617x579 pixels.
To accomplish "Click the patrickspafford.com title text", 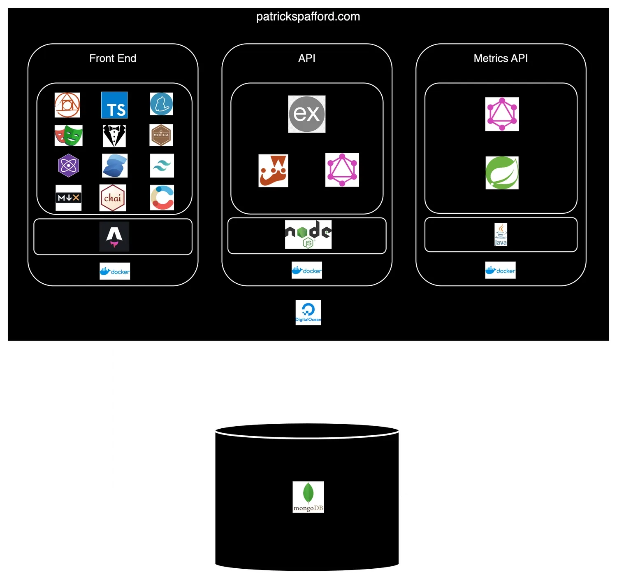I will (308, 16).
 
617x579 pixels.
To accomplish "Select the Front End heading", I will (113, 58).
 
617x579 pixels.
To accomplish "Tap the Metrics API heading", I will (501, 58).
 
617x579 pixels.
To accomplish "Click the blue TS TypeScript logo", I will (114, 105).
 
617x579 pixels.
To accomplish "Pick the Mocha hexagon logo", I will (161, 135).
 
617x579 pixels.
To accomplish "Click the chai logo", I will (113, 198).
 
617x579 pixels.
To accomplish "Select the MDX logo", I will (68, 198).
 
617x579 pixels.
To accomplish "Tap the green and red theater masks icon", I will (68, 135).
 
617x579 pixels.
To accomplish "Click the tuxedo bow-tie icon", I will (114, 136).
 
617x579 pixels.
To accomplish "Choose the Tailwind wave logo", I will (162, 166).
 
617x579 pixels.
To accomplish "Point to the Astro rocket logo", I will (114, 236).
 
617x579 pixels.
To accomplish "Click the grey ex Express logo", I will (306, 114).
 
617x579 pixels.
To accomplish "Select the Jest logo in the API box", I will (273, 170).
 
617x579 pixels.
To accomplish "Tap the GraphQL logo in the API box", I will (342, 170).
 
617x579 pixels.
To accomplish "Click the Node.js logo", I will (308, 234).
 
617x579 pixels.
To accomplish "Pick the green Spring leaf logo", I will (502, 173).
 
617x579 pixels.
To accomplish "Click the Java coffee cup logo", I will (501, 234).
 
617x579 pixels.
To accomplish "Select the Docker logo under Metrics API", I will (500, 271).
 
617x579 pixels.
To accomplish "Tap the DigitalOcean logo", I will (308, 312).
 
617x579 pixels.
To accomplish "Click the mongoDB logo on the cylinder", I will (308, 497).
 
